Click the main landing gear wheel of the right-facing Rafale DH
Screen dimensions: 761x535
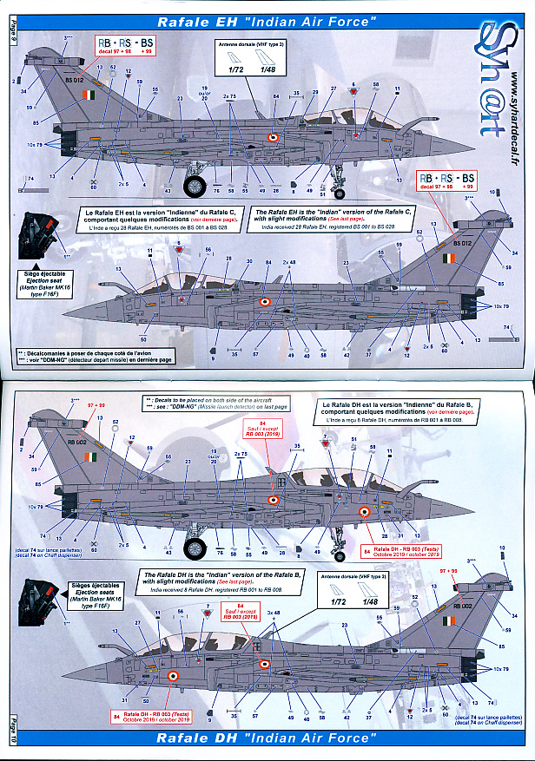pos(197,548)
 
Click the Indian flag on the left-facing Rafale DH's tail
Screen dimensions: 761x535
pos(447,622)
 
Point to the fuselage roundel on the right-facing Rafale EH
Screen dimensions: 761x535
pos(273,137)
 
